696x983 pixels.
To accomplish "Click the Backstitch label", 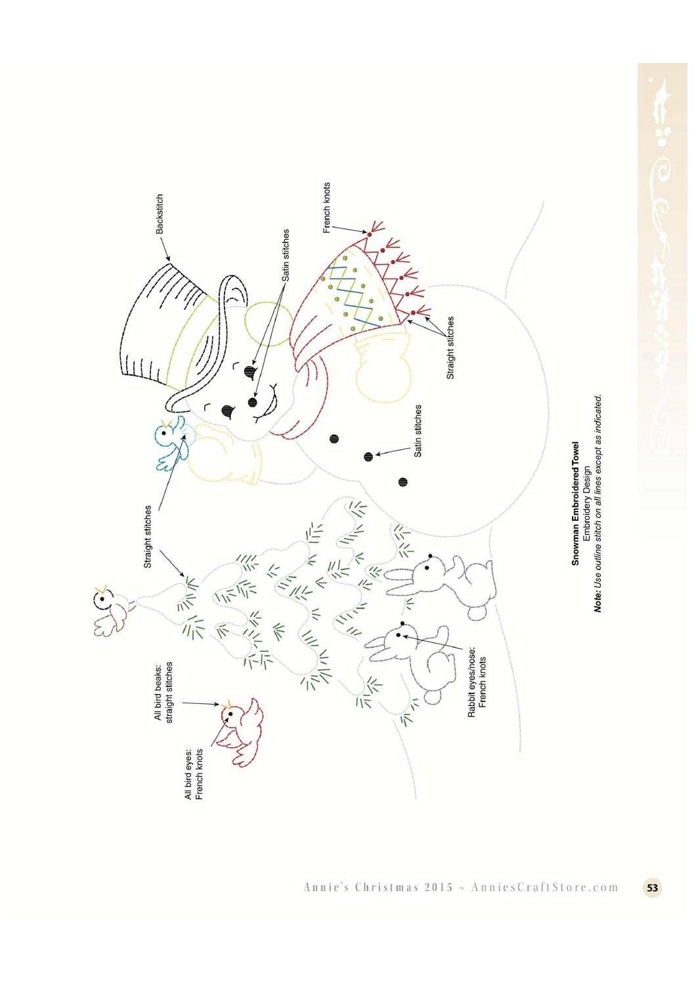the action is pyautogui.click(x=160, y=214).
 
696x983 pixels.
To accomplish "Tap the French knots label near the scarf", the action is pyautogui.click(x=326, y=208).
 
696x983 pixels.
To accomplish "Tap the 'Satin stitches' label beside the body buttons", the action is pyautogui.click(x=418, y=431).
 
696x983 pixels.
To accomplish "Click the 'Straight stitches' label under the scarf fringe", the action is pyautogui.click(x=450, y=348).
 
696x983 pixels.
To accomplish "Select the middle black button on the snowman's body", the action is pyautogui.click(x=368, y=457).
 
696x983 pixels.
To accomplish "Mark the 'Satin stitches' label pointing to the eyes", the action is pyautogui.click(x=286, y=255).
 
